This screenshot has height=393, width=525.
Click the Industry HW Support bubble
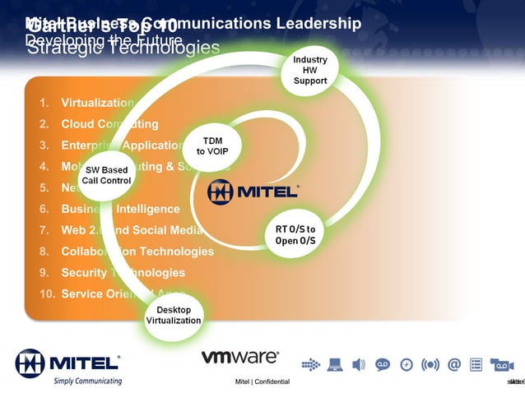tap(310, 71)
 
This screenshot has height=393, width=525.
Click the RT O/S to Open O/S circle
tap(295, 233)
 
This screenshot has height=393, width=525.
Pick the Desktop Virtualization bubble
tap(173, 314)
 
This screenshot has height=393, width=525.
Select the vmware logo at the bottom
tap(239, 358)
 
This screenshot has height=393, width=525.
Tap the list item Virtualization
tap(97, 104)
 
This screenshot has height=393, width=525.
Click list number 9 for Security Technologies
tap(44, 273)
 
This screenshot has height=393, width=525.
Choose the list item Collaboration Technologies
tap(137, 252)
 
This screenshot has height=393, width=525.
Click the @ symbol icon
tap(453, 364)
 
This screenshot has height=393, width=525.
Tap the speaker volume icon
tap(358, 364)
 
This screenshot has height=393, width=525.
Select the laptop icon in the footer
tap(334, 364)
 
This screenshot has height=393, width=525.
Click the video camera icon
tap(501, 364)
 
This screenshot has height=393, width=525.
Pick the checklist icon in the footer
tap(476, 364)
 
